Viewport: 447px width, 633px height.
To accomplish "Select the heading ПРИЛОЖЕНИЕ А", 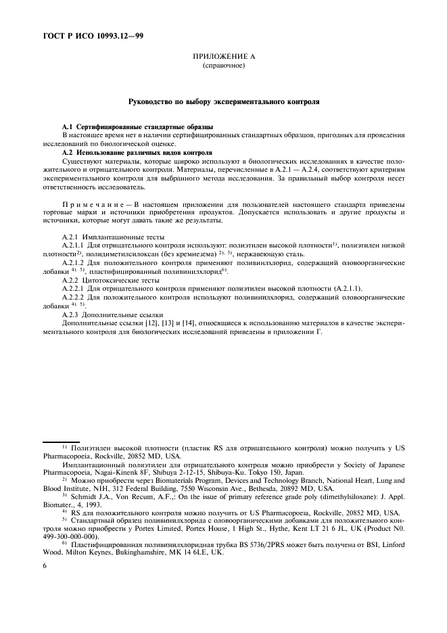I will (223, 59).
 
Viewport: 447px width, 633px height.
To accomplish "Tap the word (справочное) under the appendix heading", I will (223, 67).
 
